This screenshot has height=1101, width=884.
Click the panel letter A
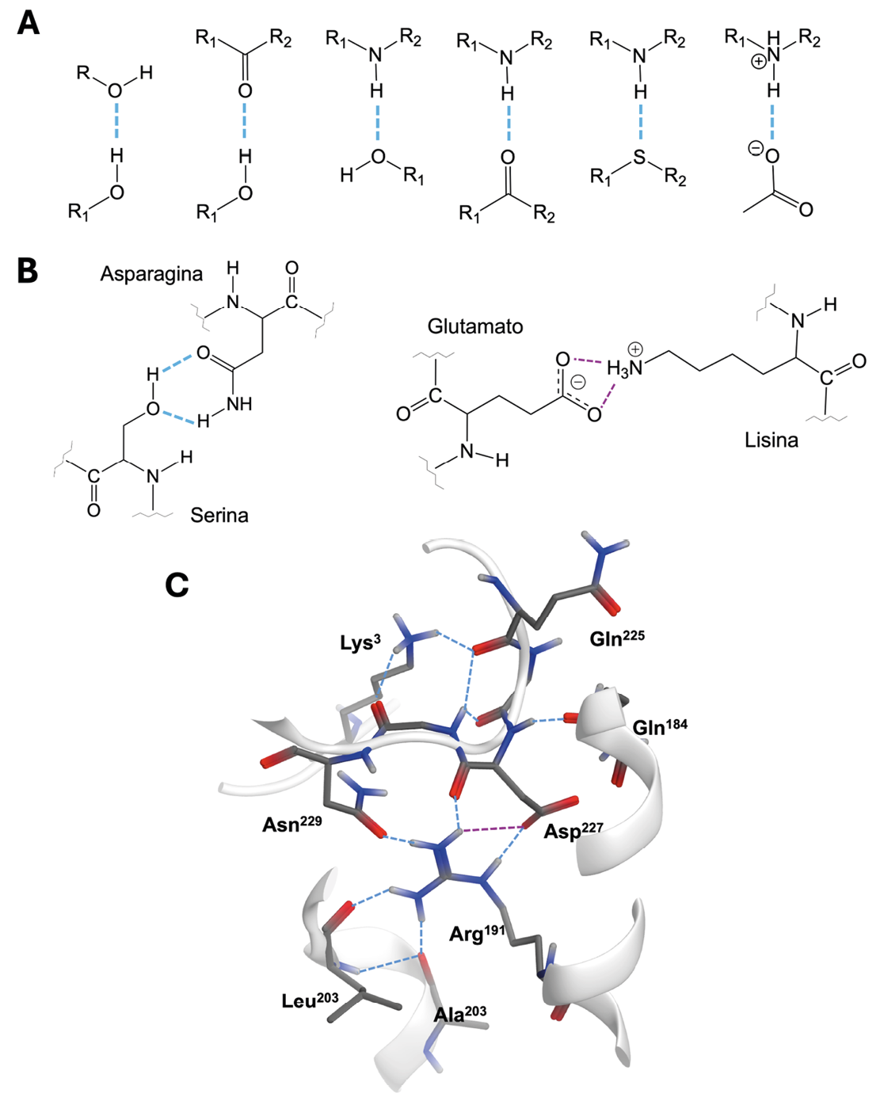(29, 23)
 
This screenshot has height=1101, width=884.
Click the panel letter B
(28, 270)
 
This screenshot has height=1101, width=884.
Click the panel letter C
(177, 585)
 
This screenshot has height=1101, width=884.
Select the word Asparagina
(151, 274)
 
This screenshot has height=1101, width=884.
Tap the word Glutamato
(475, 326)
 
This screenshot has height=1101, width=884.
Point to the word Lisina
(771, 440)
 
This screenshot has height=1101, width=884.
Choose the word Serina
(219, 516)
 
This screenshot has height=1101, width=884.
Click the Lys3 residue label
(360, 642)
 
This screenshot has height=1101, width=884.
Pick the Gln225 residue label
(617, 638)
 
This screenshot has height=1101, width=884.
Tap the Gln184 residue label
(660, 726)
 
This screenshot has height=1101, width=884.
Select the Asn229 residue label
(291, 825)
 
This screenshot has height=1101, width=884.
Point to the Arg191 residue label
(477, 933)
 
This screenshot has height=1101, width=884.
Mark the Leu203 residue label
(310, 1000)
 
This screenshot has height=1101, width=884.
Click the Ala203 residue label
(459, 1014)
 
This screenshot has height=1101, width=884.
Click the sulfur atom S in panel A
(640, 159)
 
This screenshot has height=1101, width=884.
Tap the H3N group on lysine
(624, 368)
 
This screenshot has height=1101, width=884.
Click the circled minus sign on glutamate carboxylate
(579, 383)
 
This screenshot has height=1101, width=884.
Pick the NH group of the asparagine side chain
(238, 404)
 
